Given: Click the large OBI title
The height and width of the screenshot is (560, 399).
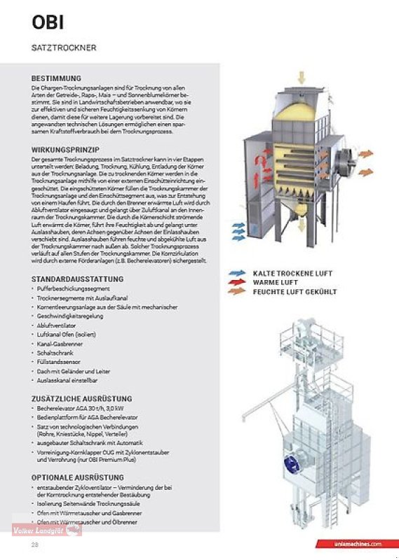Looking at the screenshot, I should pos(48,22).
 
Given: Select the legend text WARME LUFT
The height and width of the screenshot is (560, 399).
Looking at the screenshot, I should pos(276,281).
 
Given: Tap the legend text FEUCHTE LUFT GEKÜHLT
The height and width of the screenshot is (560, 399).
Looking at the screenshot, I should pos(295,291).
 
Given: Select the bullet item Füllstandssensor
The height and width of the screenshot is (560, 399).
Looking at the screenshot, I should pos(58,363).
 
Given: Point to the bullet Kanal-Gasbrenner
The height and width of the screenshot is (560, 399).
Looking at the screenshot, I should pos(61,344).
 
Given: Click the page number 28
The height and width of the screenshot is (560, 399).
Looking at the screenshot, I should pos(34,544).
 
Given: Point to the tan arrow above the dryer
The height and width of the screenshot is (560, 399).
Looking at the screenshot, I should pos(302,76).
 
